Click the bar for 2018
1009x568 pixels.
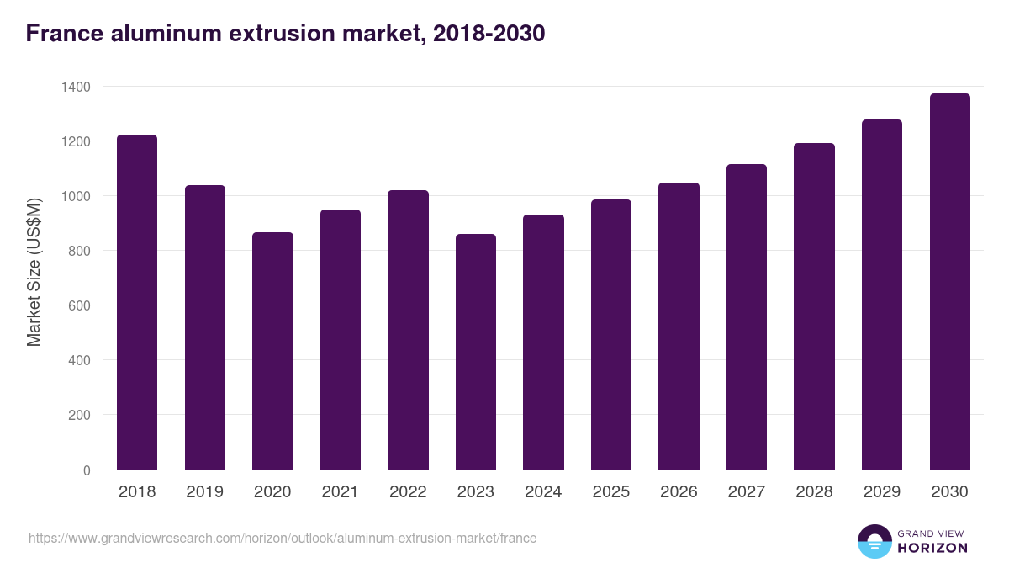[x=137, y=302]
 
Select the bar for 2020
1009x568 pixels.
[x=272, y=351]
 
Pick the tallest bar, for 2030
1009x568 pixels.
[x=949, y=282]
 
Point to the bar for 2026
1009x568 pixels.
[x=679, y=326]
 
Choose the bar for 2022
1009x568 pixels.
[x=408, y=330]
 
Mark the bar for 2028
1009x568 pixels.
[x=814, y=306]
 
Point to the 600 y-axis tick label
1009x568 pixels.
[x=80, y=305]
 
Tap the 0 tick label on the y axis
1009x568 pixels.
[x=87, y=470]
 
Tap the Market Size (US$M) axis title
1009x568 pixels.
[x=34, y=272]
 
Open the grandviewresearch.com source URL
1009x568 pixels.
[x=283, y=538]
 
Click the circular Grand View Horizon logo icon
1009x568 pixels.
[x=874, y=541]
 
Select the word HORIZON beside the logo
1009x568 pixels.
[x=933, y=548]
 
